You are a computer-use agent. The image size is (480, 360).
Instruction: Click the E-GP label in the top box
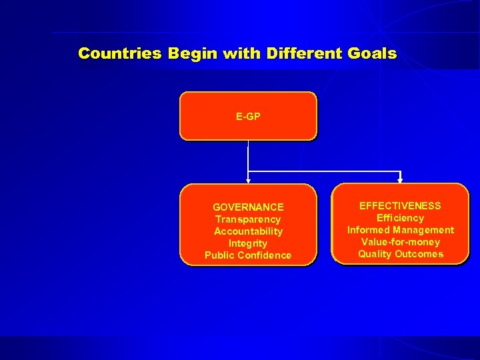point(248,117)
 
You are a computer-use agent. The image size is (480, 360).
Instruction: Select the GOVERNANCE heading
point(248,207)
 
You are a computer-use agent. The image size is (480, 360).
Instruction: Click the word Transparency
point(248,219)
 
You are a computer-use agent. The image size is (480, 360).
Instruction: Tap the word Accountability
point(248,231)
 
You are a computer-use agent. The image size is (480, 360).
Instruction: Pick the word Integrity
point(248,243)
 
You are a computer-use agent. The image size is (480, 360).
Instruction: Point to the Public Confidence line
point(248,255)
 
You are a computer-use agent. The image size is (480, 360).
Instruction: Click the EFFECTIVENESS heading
point(400,206)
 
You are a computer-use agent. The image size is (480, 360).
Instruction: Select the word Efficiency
point(400,218)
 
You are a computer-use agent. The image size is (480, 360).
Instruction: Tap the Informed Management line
point(400,230)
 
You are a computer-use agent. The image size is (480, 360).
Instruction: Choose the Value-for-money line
point(400,242)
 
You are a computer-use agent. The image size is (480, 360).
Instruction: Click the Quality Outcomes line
point(400,254)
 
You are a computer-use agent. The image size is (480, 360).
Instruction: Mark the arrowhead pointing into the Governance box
point(248,180)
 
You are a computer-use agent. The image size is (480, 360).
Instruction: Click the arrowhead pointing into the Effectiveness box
point(400,179)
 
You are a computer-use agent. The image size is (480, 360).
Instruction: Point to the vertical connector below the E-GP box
point(248,157)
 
